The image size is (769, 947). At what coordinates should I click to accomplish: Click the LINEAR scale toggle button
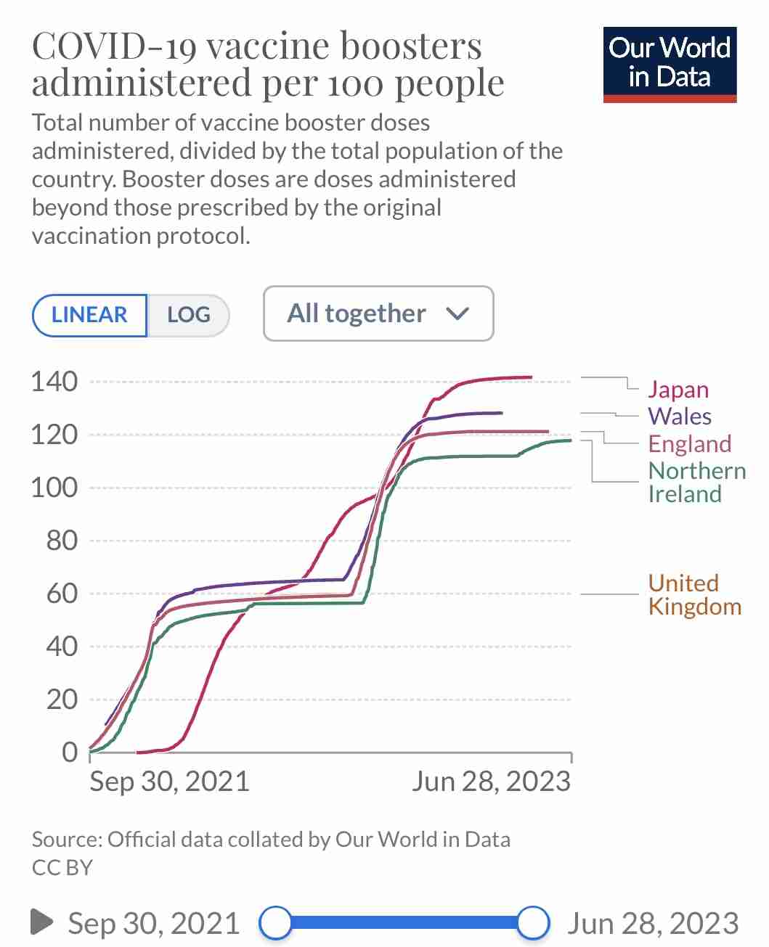point(89,315)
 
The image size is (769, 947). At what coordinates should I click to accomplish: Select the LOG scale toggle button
point(189,315)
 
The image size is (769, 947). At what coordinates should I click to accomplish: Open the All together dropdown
point(378,313)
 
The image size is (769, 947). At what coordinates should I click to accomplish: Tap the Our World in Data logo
point(670,65)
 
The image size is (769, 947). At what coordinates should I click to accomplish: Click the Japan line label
point(678,390)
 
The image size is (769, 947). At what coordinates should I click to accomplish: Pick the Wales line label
point(680,416)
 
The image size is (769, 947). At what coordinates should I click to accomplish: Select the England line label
point(690,443)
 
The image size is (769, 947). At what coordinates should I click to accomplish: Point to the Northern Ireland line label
point(697,483)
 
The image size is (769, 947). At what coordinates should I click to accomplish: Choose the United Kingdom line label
point(695,595)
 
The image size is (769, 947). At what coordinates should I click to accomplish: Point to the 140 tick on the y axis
point(54,382)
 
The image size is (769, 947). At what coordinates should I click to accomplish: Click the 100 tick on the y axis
point(54,487)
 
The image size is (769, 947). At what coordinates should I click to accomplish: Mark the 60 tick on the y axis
point(62,594)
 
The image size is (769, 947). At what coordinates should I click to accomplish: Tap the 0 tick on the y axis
point(70,753)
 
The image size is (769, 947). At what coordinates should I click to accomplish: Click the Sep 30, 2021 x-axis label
point(169,782)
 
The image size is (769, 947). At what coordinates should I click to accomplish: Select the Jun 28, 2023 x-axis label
point(491,782)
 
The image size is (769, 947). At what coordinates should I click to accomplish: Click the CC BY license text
point(62,867)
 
